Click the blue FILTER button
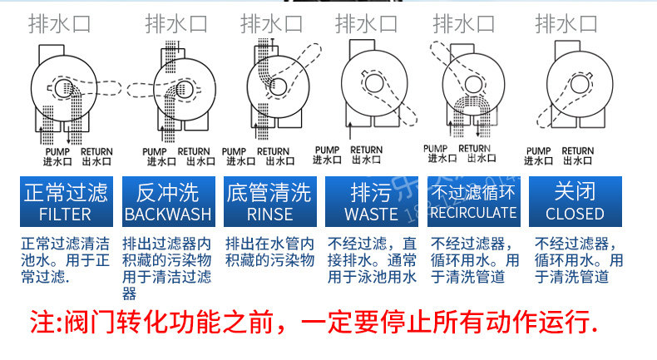click(66, 203)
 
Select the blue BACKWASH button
click(168, 203)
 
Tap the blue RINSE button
click(269, 203)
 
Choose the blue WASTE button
click(371, 203)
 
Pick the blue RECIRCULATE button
click(472, 203)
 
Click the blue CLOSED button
click(575, 203)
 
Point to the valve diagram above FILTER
click(66, 87)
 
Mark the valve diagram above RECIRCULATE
click(472, 87)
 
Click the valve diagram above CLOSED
click(574, 87)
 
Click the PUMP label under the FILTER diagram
click(54, 151)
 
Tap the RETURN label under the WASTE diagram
click(368, 150)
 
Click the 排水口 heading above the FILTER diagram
click(62, 23)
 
